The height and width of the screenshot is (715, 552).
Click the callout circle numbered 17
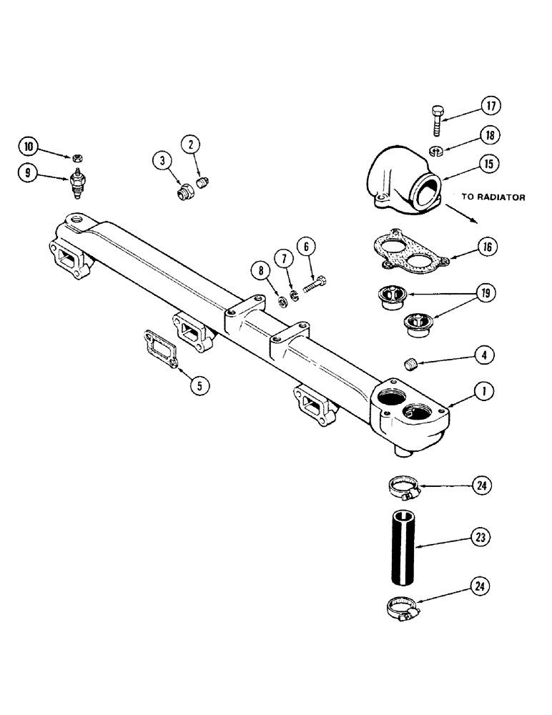tap(490, 107)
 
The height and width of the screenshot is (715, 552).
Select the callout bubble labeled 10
tap(29, 148)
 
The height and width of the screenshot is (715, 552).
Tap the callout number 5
tap(199, 385)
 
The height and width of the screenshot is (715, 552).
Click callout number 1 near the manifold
tap(484, 391)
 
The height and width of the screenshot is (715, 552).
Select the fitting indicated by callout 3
tap(186, 192)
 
